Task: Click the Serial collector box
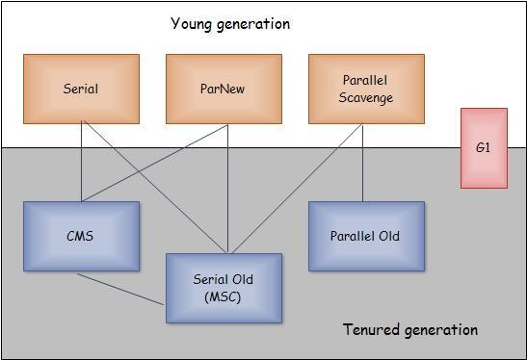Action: pyautogui.click(x=81, y=89)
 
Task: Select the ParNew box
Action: pyautogui.click(x=224, y=89)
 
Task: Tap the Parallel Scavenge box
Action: pyautogui.click(x=366, y=89)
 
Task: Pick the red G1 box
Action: pyautogui.click(x=483, y=148)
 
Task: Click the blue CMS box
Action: pyautogui.click(x=81, y=236)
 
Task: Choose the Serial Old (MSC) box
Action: pyautogui.click(x=224, y=288)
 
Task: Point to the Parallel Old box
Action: pyautogui.click(x=366, y=236)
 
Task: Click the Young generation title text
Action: pyautogui.click(x=230, y=23)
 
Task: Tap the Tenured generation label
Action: pyautogui.click(x=410, y=330)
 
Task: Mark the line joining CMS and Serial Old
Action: pyautogui.click(x=120, y=289)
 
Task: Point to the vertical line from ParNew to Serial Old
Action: pyautogui.click(x=227, y=188)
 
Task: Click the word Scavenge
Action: pyautogui.click(x=366, y=97)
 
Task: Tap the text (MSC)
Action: pyautogui.click(x=224, y=296)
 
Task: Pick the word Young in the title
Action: pyautogui.click(x=193, y=23)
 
